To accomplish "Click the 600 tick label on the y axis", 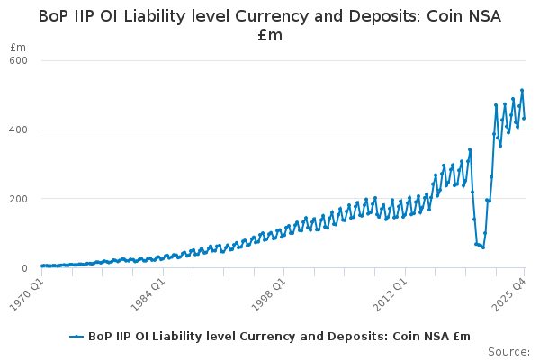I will point(19,60).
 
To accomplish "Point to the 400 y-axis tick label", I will point(19,130).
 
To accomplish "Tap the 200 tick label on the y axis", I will point(19,199).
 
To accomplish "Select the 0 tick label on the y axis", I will point(25,268).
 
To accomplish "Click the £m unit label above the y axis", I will point(17,47).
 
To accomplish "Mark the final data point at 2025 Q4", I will point(524,118).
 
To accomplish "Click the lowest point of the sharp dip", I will point(482,247).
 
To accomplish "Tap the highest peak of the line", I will point(522,90).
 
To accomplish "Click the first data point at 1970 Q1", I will point(41,266).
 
